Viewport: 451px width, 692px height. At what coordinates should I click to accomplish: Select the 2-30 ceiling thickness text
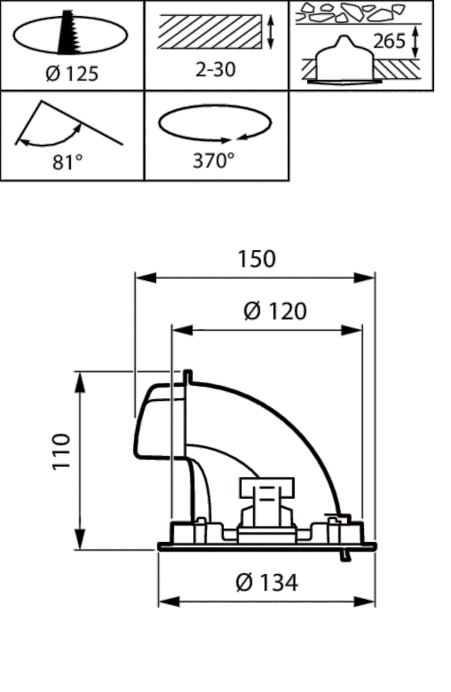[x=215, y=70]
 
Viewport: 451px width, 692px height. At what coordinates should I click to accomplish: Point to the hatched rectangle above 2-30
[x=208, y=32]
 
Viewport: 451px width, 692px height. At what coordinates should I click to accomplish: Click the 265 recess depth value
[x=389, y=42]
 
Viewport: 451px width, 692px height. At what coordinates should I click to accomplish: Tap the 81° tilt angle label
[x=67, y=163]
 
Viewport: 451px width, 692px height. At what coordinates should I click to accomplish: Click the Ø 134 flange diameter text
[x=267, y=582]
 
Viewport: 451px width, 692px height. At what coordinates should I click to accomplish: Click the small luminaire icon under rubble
[x=344, y=61]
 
